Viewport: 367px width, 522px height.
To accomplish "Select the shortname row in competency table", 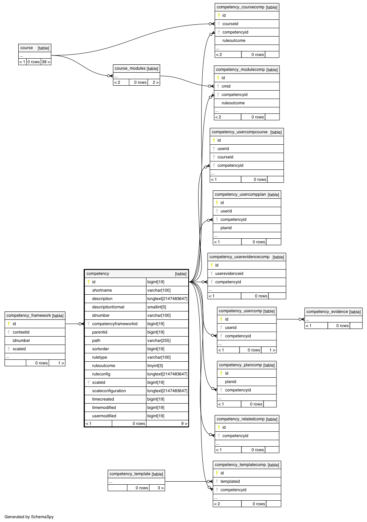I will [102, 290].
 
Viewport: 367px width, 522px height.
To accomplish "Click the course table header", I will [27, 48].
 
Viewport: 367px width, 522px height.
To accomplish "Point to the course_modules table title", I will [130, 69].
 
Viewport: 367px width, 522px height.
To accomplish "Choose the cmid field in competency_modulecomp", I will [226, 86].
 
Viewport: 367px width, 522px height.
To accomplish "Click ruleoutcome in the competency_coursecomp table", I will [234, 40].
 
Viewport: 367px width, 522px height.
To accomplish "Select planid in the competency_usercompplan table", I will [226, 228].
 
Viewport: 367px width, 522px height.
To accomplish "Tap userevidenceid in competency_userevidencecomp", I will [229, 273].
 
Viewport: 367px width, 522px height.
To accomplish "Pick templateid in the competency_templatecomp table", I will [230, 481].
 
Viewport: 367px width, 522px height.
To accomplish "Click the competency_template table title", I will [130, 474].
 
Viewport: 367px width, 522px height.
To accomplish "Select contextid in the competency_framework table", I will [21, 332].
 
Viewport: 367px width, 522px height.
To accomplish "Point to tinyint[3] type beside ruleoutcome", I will [155, 366].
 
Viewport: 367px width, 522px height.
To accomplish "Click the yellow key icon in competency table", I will [89, 282].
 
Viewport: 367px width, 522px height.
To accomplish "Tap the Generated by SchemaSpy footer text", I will [29, 517].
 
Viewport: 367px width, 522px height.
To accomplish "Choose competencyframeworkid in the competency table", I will [114, 324].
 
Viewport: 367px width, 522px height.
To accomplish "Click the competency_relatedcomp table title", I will [240, 419].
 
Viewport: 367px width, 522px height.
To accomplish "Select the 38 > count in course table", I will [46, 62].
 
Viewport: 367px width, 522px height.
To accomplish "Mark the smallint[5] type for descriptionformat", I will [157, 307].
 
